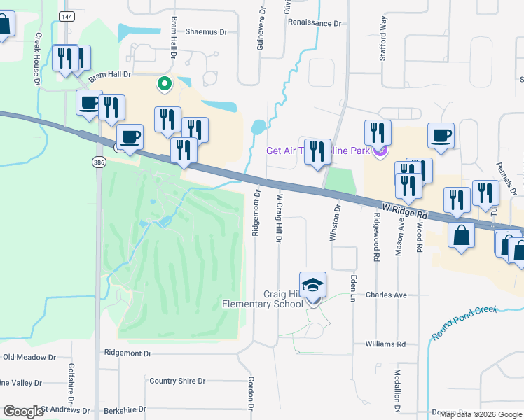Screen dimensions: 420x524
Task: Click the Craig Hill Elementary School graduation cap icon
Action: coord(312,285)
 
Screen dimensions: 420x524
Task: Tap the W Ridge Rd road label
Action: coord(405,210)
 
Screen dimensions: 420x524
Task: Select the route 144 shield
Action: coord(67,17)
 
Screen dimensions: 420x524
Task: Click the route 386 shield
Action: coord(98,162)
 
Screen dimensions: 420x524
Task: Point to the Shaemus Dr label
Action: coord(207,32)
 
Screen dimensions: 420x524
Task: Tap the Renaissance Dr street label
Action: coord(315,22)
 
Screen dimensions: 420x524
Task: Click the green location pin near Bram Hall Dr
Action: coord(165,84)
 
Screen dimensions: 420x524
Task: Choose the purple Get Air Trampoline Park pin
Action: coord(380,150)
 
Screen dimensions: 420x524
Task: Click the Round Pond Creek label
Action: coord(464,322)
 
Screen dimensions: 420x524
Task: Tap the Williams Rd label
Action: coord(385,344)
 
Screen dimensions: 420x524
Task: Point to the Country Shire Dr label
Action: coord(177,381)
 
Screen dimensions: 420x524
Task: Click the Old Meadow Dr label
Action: coord(29,357)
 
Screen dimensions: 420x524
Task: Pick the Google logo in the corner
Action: coord(23,412)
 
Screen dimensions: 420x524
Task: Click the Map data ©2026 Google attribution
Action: coord(481,414)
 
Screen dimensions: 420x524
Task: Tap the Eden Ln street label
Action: coord(354,288)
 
